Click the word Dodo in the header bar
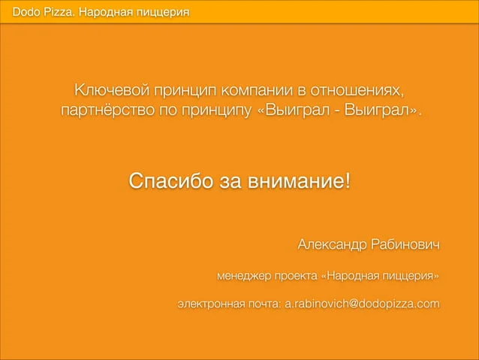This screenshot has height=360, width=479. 26,12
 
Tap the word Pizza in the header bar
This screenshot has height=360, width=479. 59,12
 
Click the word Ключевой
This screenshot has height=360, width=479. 112,90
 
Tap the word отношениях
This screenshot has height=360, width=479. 357,90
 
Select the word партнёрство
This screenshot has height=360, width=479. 107,110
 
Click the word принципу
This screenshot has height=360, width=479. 216,110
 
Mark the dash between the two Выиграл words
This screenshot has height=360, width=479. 336,110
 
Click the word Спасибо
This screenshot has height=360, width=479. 170,180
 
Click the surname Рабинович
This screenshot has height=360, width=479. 405,244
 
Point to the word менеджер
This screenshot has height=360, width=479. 244,276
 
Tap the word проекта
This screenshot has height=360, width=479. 296,276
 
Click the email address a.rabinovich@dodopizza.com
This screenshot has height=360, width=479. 362,304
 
